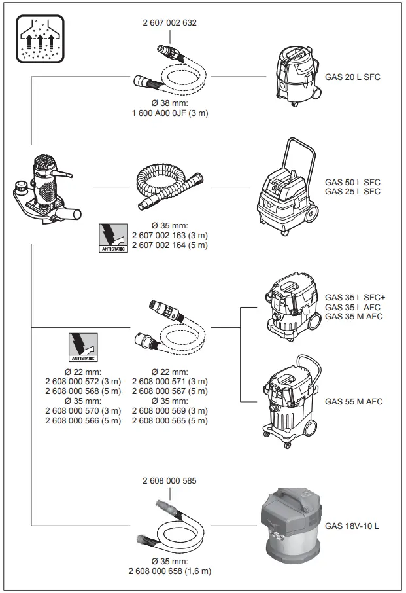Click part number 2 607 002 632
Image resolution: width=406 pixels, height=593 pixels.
169,22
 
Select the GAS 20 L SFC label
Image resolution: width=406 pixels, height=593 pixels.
352,77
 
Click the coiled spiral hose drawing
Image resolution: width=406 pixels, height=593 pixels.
169,185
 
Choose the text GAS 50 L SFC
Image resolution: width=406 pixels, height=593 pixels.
352,182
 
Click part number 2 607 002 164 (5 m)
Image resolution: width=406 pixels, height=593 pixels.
169,245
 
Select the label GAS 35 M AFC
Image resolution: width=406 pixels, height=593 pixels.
354,317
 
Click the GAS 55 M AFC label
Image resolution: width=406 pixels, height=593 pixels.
354,401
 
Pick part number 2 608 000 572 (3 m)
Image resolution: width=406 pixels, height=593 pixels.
83,382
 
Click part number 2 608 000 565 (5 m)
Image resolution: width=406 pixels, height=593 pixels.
169,420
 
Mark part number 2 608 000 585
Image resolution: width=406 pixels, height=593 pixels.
169,480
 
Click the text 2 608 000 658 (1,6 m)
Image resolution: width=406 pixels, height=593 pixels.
169,571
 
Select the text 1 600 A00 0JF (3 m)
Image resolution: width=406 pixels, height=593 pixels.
169,113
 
